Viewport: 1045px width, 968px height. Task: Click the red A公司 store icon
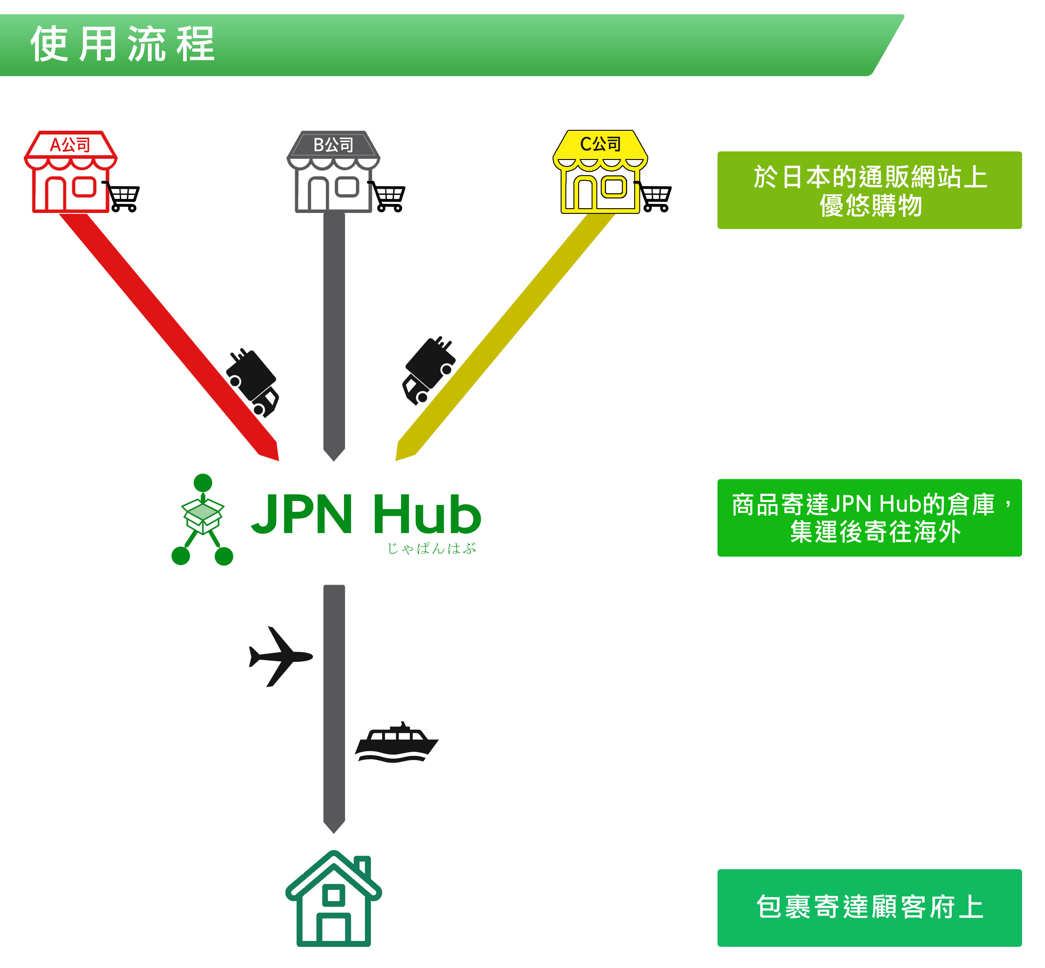point(71,172)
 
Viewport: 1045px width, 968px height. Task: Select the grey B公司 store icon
point(333,172)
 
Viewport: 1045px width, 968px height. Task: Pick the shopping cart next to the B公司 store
point(387,196)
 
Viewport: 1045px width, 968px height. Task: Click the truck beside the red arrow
point(253,382)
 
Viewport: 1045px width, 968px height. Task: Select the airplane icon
point(280,656)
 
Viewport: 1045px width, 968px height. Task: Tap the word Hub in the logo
point(427,514)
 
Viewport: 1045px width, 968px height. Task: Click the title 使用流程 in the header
point(122,44)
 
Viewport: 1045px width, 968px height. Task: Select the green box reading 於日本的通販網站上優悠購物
point(870,190)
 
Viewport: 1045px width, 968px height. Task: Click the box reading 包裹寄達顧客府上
point(870,908)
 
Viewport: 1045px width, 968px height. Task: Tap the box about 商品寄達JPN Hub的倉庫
point(870,518)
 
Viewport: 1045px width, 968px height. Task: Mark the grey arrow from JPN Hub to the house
point(334,709)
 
